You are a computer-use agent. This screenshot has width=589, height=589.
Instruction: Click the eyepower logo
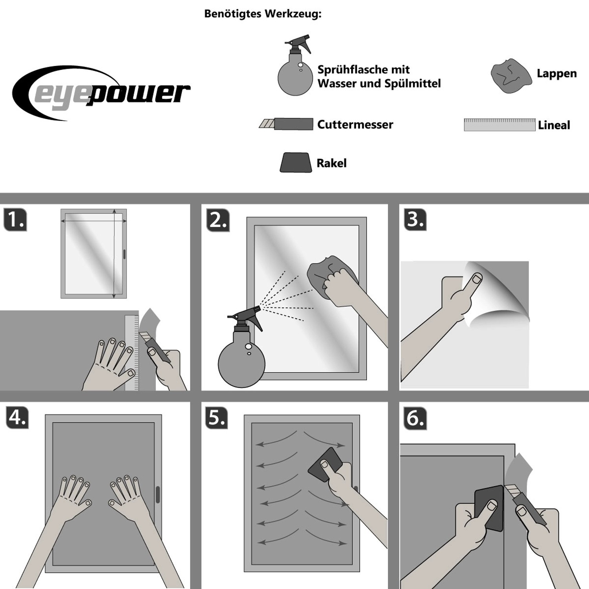101,93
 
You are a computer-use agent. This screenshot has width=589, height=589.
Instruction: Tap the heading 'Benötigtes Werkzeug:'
263,14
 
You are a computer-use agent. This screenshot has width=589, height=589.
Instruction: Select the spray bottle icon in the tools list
295,65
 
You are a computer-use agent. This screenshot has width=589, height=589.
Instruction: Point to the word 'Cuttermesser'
355,124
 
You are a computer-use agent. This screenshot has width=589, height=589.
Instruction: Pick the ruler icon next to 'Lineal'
499,124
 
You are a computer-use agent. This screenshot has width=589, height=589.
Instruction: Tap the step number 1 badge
15,220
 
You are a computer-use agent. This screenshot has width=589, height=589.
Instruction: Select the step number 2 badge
218,220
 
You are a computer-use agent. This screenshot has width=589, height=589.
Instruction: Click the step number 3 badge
415,220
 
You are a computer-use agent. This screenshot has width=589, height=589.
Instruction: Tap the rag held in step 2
332,275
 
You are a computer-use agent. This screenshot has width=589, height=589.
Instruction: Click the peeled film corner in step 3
496,293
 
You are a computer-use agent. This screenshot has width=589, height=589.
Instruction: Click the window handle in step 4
158,494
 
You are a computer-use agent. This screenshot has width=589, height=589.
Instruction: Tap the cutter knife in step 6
524,504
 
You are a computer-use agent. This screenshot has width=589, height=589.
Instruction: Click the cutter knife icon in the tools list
286,124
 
